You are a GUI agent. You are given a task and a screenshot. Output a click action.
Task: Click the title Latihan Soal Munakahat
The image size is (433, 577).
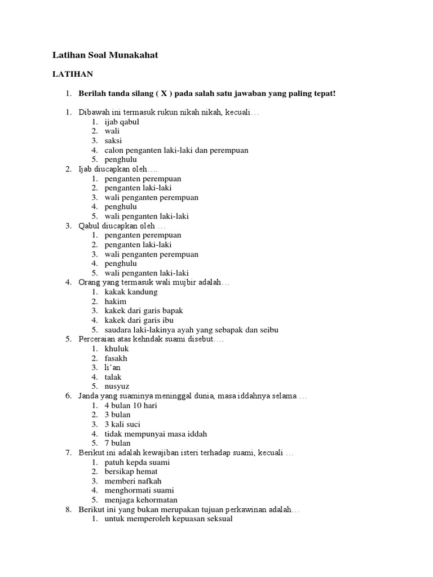click(x=105, y=55)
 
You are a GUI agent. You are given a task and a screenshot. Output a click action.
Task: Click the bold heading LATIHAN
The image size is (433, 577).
click(x=73, y=74)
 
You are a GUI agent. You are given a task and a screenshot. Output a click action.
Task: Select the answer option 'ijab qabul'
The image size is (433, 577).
click(x=122, y=122)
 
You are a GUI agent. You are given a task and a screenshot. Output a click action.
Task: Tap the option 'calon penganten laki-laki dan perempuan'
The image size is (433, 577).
click(x=176, y=150)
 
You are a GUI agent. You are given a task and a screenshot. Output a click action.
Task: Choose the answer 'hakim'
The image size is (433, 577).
click(x=116, y=301)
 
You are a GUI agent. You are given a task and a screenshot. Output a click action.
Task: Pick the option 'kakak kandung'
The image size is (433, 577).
click(x=131, y=292)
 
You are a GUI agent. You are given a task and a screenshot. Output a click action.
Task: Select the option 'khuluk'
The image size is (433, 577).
click(x=117, y=349)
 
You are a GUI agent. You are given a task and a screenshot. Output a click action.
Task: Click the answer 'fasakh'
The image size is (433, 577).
click(x=116, y=358)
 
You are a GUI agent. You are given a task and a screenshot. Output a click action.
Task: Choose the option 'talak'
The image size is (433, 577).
click(x=113, y=377)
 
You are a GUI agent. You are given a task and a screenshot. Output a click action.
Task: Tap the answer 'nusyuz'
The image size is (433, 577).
click(x=117, y=387)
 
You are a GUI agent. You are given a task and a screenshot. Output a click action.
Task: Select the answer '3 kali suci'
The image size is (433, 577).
click(x=122, y=424)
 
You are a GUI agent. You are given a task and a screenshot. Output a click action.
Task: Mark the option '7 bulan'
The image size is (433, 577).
click(x=117, y=443)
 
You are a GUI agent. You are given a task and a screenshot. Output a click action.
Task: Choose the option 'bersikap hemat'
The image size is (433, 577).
click(x=131, y=471)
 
